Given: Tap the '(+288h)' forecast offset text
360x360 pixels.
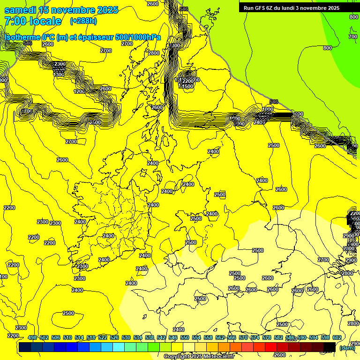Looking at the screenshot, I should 83,21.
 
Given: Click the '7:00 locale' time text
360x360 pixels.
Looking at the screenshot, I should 33,21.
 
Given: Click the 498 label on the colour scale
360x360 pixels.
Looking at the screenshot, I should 32,337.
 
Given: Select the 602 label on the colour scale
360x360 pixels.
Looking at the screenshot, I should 337,337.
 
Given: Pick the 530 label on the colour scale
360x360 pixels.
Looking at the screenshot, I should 126,337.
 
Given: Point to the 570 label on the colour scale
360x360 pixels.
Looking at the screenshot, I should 243,337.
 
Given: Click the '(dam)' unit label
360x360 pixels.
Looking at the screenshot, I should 347,347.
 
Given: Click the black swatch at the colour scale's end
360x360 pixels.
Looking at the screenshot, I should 330,347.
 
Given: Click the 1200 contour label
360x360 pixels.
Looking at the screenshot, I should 79,91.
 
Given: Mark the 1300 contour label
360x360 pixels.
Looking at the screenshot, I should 59,75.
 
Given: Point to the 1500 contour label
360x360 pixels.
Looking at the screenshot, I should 187,86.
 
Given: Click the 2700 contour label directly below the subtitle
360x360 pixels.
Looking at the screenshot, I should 106,51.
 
